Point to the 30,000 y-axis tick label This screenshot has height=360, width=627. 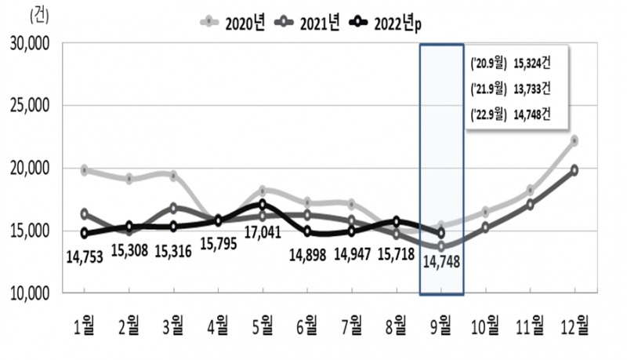[x=29, y=43]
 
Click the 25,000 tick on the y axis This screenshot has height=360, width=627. [x=29, y=105]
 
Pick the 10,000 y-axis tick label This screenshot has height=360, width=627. [x=29, y=293]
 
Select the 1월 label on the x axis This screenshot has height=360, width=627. [x=85, y=324]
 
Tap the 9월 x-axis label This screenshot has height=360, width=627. [x=441, y=324]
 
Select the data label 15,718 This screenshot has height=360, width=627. [x=397, y=254]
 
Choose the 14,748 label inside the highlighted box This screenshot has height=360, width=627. [x=441, y=263]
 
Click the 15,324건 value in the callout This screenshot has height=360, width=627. [x=534, y=64]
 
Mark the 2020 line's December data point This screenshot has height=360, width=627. [x=574, y=140]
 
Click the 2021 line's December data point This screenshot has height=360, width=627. [x=574, y=169]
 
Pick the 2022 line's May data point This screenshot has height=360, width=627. [x=263, y=204]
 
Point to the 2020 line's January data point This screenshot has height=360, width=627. [x=85, y=169]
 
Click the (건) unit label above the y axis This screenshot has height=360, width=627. [x=38, y=14]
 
